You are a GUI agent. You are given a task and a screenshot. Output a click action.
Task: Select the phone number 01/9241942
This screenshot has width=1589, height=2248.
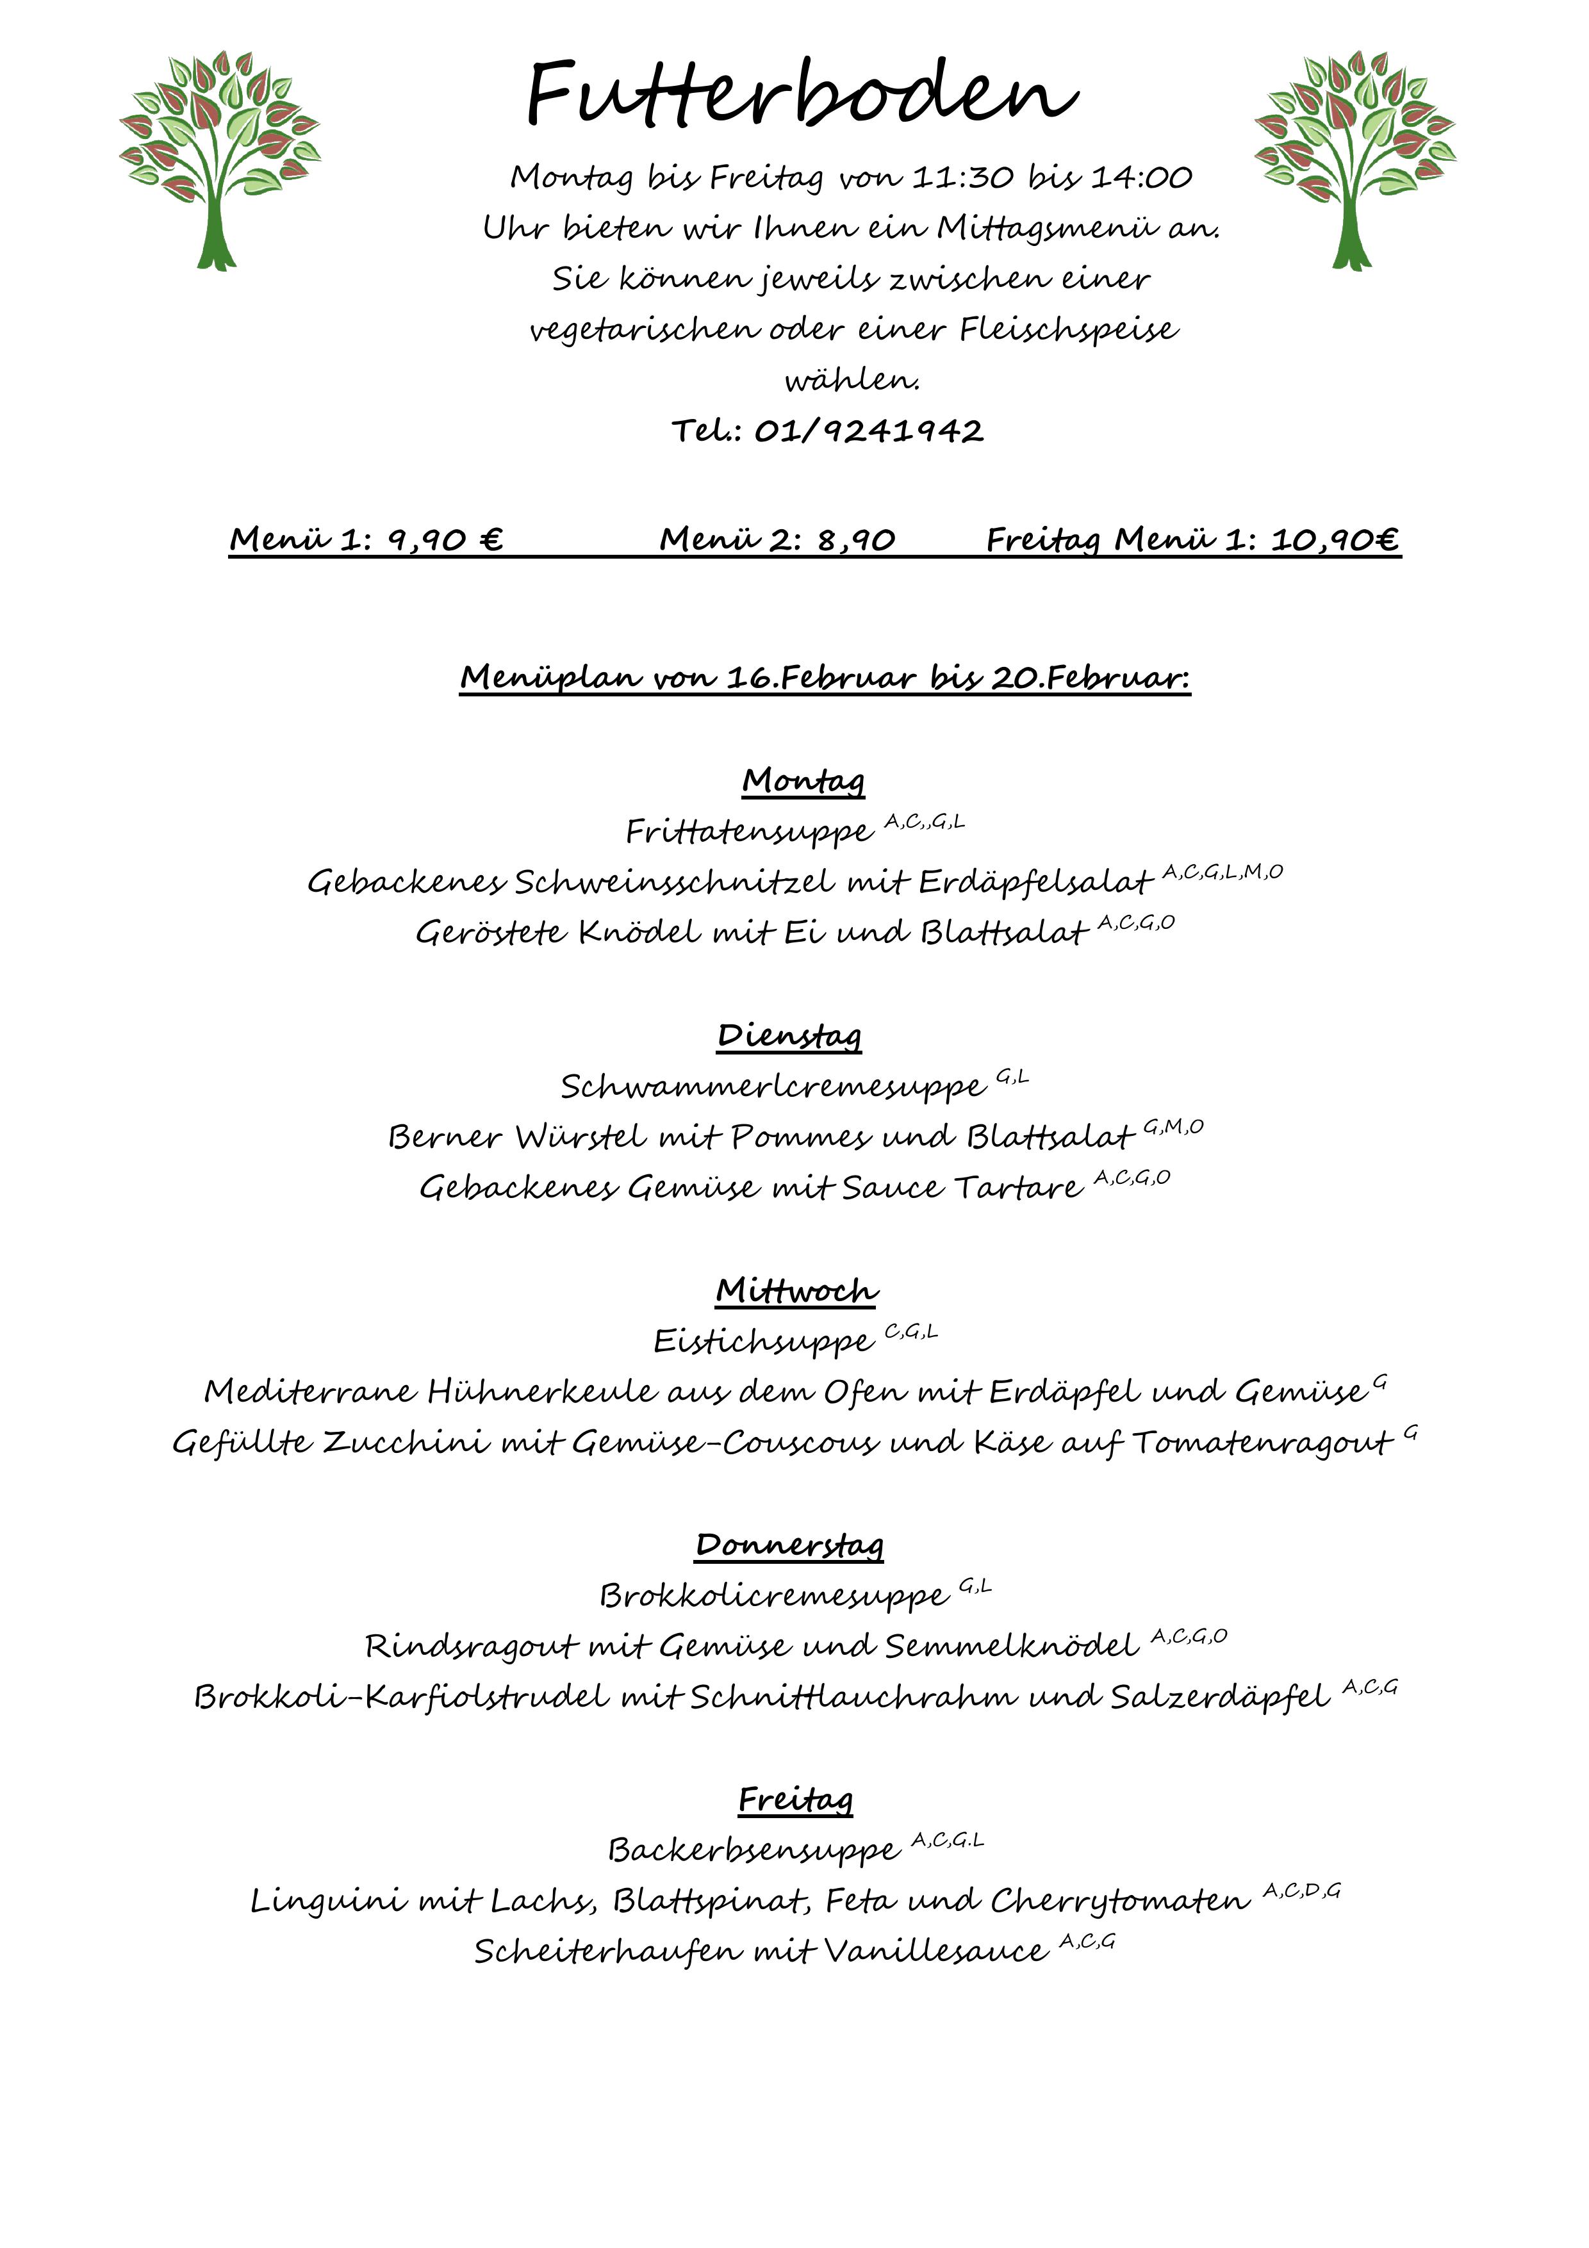(x=868, y=431)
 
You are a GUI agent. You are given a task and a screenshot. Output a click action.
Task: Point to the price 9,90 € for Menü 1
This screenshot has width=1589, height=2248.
(x=445, y=539)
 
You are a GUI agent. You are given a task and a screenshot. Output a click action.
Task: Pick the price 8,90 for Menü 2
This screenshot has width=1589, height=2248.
(x=856, y=539)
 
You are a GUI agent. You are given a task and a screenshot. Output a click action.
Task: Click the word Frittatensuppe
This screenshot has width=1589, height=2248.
(x=749, y=832)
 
